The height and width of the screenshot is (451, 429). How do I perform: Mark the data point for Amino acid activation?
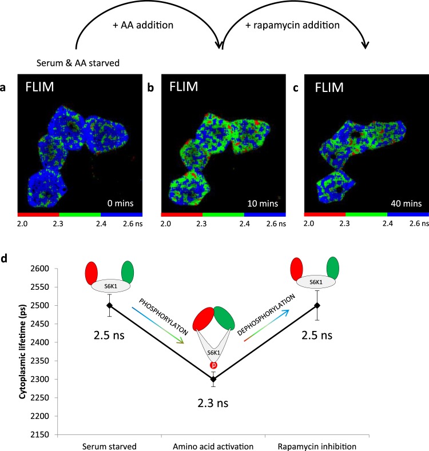click(x=213, y=379)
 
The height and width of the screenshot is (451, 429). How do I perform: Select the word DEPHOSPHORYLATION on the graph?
click(x=267, y=317)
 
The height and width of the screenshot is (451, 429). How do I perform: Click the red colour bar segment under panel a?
click(x=38, y=214)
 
